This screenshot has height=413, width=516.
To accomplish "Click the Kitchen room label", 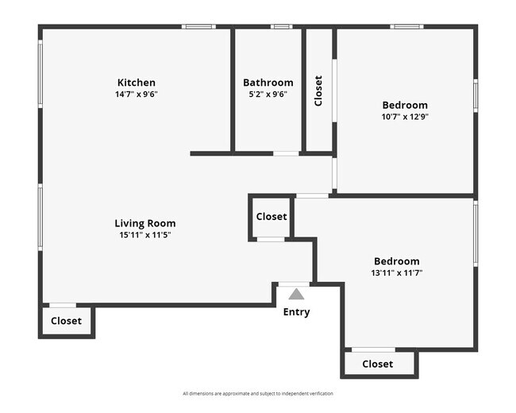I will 136,83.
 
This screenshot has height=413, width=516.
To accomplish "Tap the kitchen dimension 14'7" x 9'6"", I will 136,94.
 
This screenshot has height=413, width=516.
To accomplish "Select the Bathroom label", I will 268,83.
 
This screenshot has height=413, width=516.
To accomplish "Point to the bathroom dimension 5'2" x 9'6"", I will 268,94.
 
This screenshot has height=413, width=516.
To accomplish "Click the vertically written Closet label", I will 318,91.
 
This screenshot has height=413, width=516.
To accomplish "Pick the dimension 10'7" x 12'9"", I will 405,116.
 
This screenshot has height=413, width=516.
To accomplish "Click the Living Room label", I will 144,223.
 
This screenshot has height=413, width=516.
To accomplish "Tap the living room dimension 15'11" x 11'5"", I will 144,234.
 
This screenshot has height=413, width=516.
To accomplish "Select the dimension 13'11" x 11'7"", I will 397,272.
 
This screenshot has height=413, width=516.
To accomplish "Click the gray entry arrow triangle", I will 296,294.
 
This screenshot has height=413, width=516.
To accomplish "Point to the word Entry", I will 296,312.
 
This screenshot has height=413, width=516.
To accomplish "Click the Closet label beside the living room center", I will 271,217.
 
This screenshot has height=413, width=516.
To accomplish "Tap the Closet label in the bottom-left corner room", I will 66,322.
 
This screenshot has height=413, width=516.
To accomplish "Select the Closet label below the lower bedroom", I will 377,364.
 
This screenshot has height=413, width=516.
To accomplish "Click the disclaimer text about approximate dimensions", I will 258,393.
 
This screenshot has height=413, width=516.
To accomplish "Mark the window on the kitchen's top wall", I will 198,27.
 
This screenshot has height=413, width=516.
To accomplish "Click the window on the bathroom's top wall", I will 281,27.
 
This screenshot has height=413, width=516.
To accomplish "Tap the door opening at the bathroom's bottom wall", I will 286,153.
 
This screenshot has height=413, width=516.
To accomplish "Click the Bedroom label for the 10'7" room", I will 405,105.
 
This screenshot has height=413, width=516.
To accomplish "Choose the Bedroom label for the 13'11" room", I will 397,261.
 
